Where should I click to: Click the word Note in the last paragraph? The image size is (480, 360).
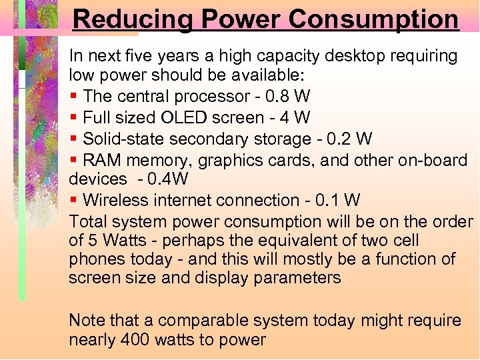[x=87, y=321]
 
